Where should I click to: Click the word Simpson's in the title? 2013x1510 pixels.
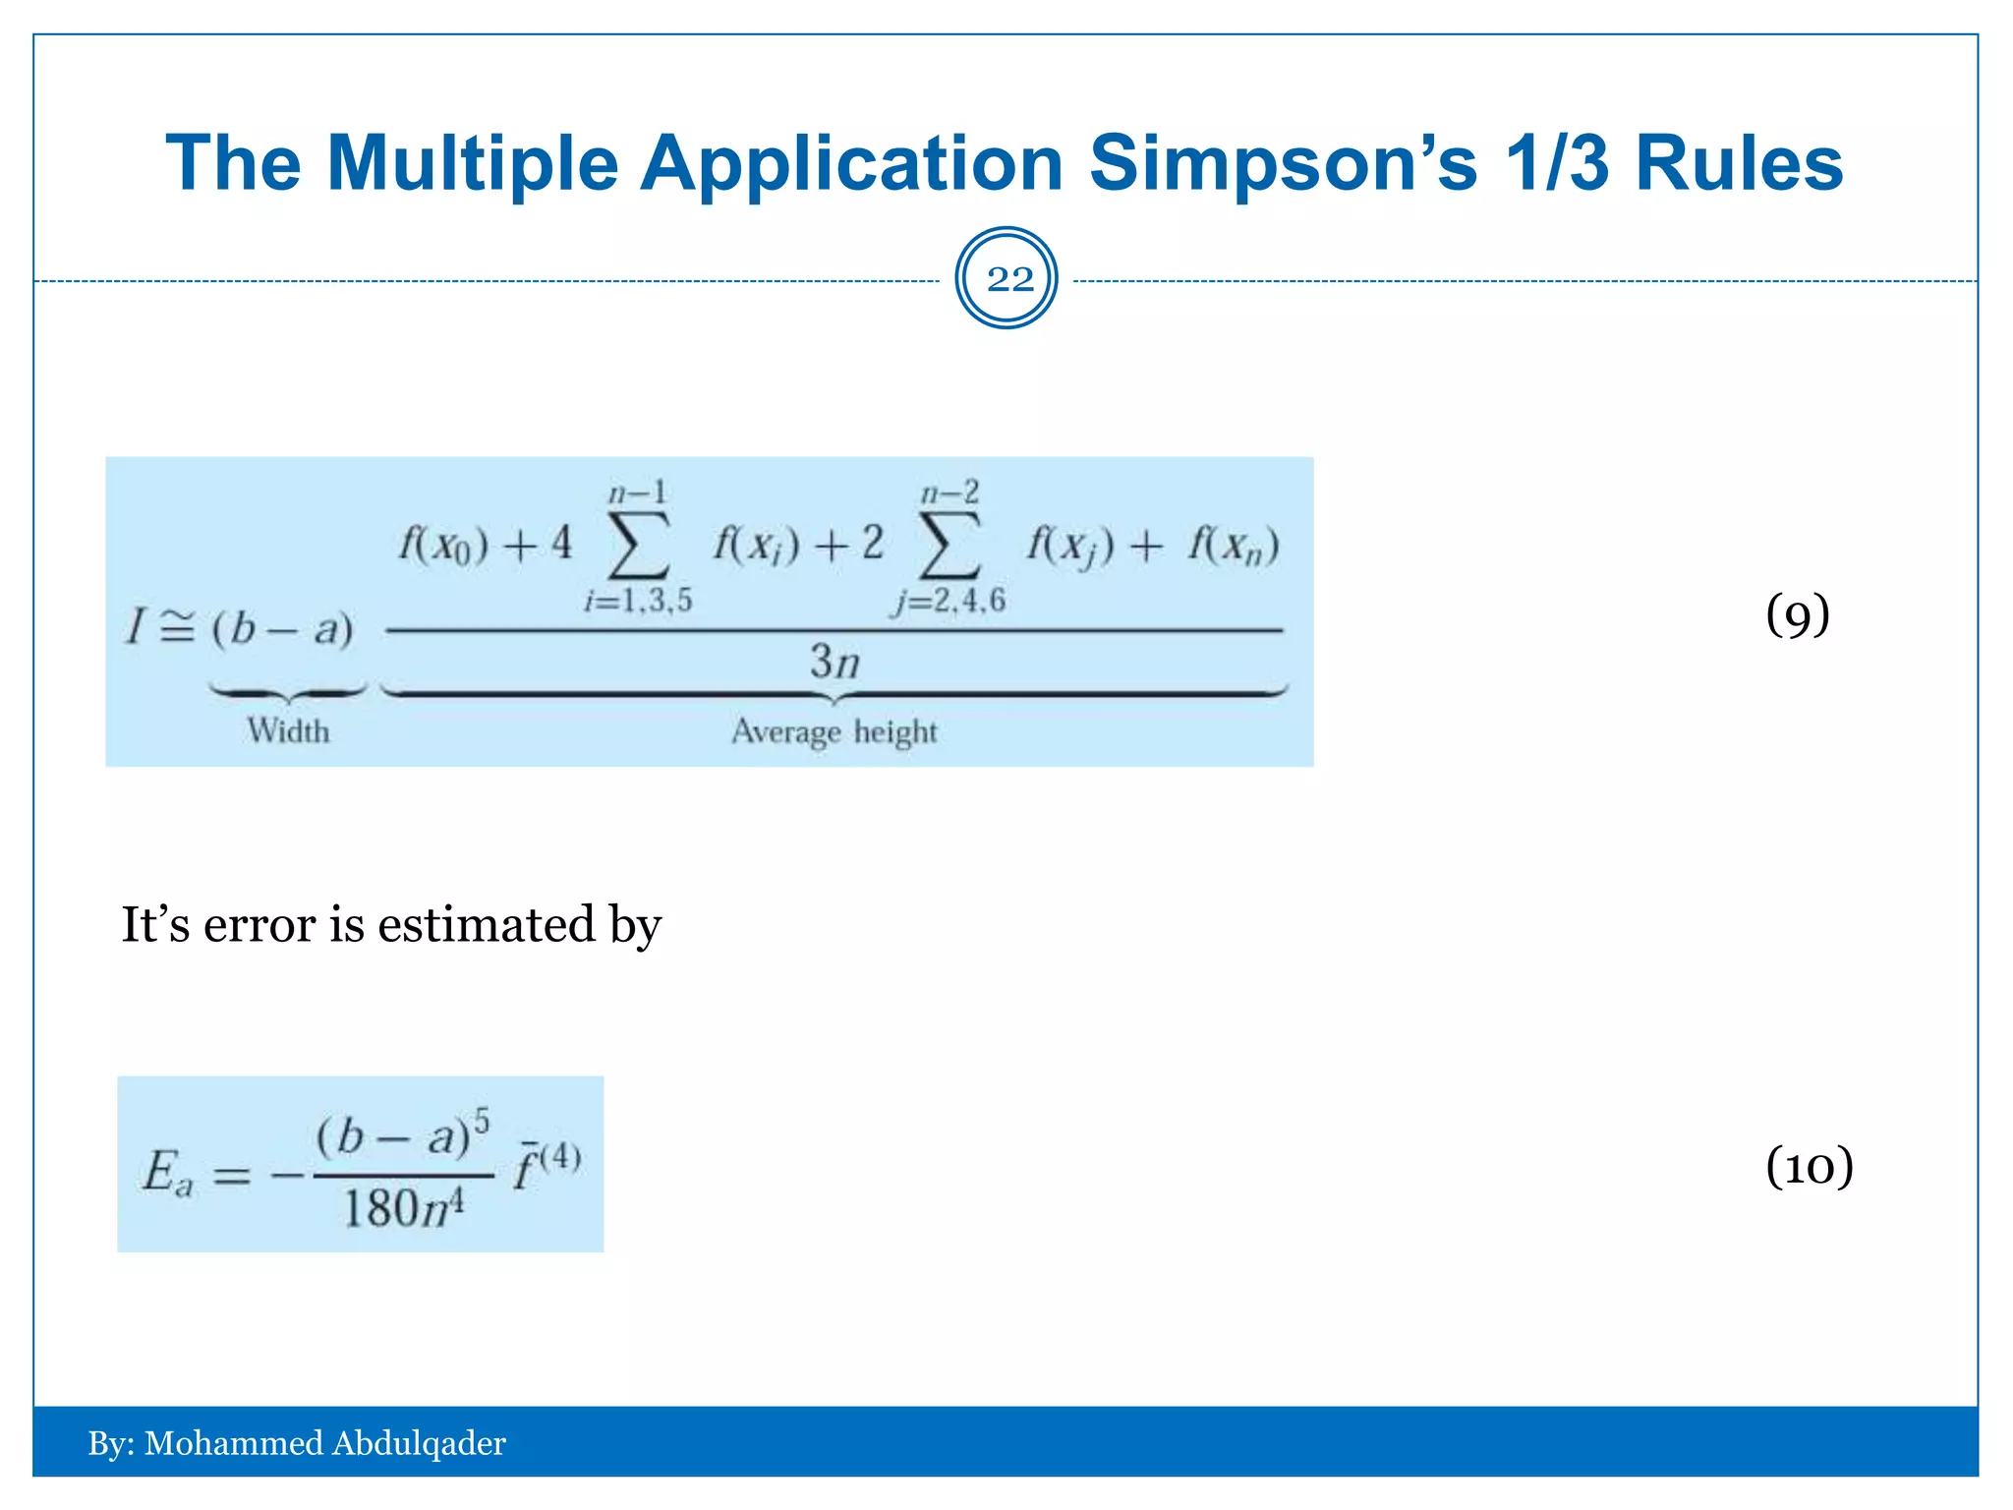point(1283,163)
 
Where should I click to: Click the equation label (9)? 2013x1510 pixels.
point(1797,615)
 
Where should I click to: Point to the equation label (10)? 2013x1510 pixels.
point(1809,1167)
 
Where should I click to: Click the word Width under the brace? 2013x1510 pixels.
point(288,731)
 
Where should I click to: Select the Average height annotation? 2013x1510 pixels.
point(834,732)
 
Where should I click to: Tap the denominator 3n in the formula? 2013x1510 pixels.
point(834,662)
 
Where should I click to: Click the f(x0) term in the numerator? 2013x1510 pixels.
point(443,545)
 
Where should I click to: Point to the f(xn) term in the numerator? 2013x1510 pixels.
point(1234,545)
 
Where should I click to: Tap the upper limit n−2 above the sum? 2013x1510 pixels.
point(949,493)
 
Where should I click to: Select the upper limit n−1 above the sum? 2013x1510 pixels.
point(638,493)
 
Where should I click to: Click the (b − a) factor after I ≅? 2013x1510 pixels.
point(282,628)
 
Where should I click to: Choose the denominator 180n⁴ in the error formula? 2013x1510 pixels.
point(404,1208)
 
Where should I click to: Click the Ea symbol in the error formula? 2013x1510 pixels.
point(168,1173)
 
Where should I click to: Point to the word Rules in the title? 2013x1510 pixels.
point(1739,163)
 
